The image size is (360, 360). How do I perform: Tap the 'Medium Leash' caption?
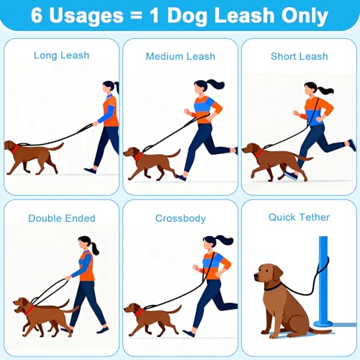click(x=179, y=56)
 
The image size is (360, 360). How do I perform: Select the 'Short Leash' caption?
click(x=299, y=56)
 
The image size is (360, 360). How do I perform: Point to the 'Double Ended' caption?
click(x=60, y=218)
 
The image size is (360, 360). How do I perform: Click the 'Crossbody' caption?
click(x=179, y=218)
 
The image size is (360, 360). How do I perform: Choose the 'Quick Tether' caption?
click(x=299, y=217)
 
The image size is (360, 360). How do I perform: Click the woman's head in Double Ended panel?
click(x=85, y=242)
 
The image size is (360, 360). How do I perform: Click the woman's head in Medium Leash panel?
click(x=199, y=88)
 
